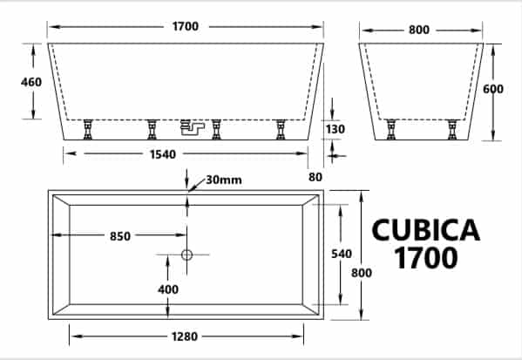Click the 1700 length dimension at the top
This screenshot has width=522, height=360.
tap(186, 26)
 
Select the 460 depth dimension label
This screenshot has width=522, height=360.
tap(31, 82)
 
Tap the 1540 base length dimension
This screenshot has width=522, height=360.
tap(162, 154)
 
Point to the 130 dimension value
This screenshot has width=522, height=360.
tap(335, 129)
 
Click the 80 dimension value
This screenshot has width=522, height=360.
tap(315, 177)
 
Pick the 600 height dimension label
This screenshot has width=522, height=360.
tap(493, 89)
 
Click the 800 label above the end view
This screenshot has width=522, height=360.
tap(419, 30)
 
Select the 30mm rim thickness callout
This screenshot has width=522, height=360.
tap(224, 180)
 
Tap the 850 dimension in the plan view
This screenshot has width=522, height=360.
tap(120, 236)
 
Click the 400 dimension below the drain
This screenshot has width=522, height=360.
tap(168, 289)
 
